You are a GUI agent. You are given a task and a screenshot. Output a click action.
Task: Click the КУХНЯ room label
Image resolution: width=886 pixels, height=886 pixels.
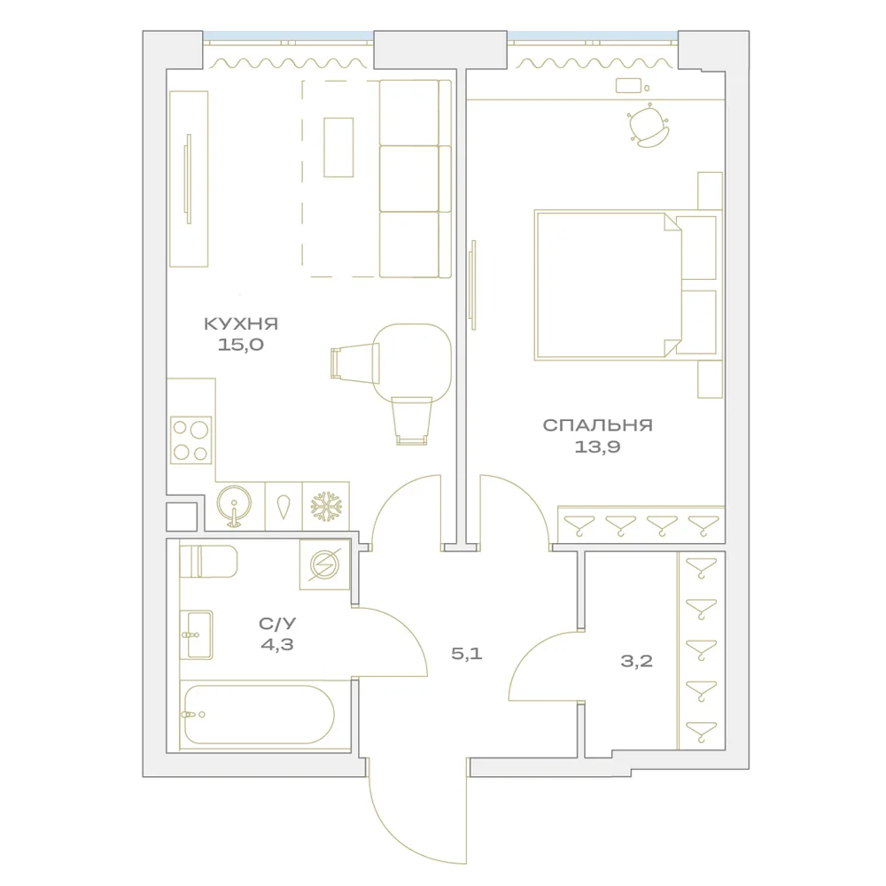241,323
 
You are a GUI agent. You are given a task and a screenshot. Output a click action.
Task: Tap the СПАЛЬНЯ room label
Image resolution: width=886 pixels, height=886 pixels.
597,425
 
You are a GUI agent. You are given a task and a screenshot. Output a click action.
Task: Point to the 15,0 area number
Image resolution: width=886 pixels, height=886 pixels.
241,345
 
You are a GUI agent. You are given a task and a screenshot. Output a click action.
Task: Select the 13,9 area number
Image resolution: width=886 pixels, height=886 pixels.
597,447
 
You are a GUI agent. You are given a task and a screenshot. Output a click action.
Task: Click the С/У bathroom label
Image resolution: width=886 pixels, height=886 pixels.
277,624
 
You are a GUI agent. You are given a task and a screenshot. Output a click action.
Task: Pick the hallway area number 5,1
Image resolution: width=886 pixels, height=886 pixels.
467,654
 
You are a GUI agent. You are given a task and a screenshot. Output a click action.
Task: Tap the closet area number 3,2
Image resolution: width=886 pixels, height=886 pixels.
637,661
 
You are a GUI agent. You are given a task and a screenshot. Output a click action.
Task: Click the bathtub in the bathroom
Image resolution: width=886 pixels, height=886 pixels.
260,714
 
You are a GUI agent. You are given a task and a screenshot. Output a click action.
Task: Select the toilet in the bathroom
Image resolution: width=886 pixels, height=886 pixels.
208,561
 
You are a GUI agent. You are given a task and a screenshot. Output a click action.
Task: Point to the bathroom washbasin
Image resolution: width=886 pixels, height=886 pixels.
197,634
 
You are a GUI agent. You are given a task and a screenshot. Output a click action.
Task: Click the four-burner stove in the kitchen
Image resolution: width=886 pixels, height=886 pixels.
191,440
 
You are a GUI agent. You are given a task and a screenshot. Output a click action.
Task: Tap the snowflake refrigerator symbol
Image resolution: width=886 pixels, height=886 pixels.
327,506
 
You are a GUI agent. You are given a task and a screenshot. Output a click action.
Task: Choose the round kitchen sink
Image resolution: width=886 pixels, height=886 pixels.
234,504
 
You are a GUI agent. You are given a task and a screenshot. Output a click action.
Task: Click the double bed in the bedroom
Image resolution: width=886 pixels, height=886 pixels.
626,285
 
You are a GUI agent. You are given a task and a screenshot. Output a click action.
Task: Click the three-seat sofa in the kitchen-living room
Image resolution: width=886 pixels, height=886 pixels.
416,179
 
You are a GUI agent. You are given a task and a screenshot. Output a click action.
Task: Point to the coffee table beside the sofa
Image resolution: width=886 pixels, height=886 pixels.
338,147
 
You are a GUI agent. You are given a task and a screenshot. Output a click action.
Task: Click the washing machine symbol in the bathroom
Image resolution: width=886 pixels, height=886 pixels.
324,563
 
